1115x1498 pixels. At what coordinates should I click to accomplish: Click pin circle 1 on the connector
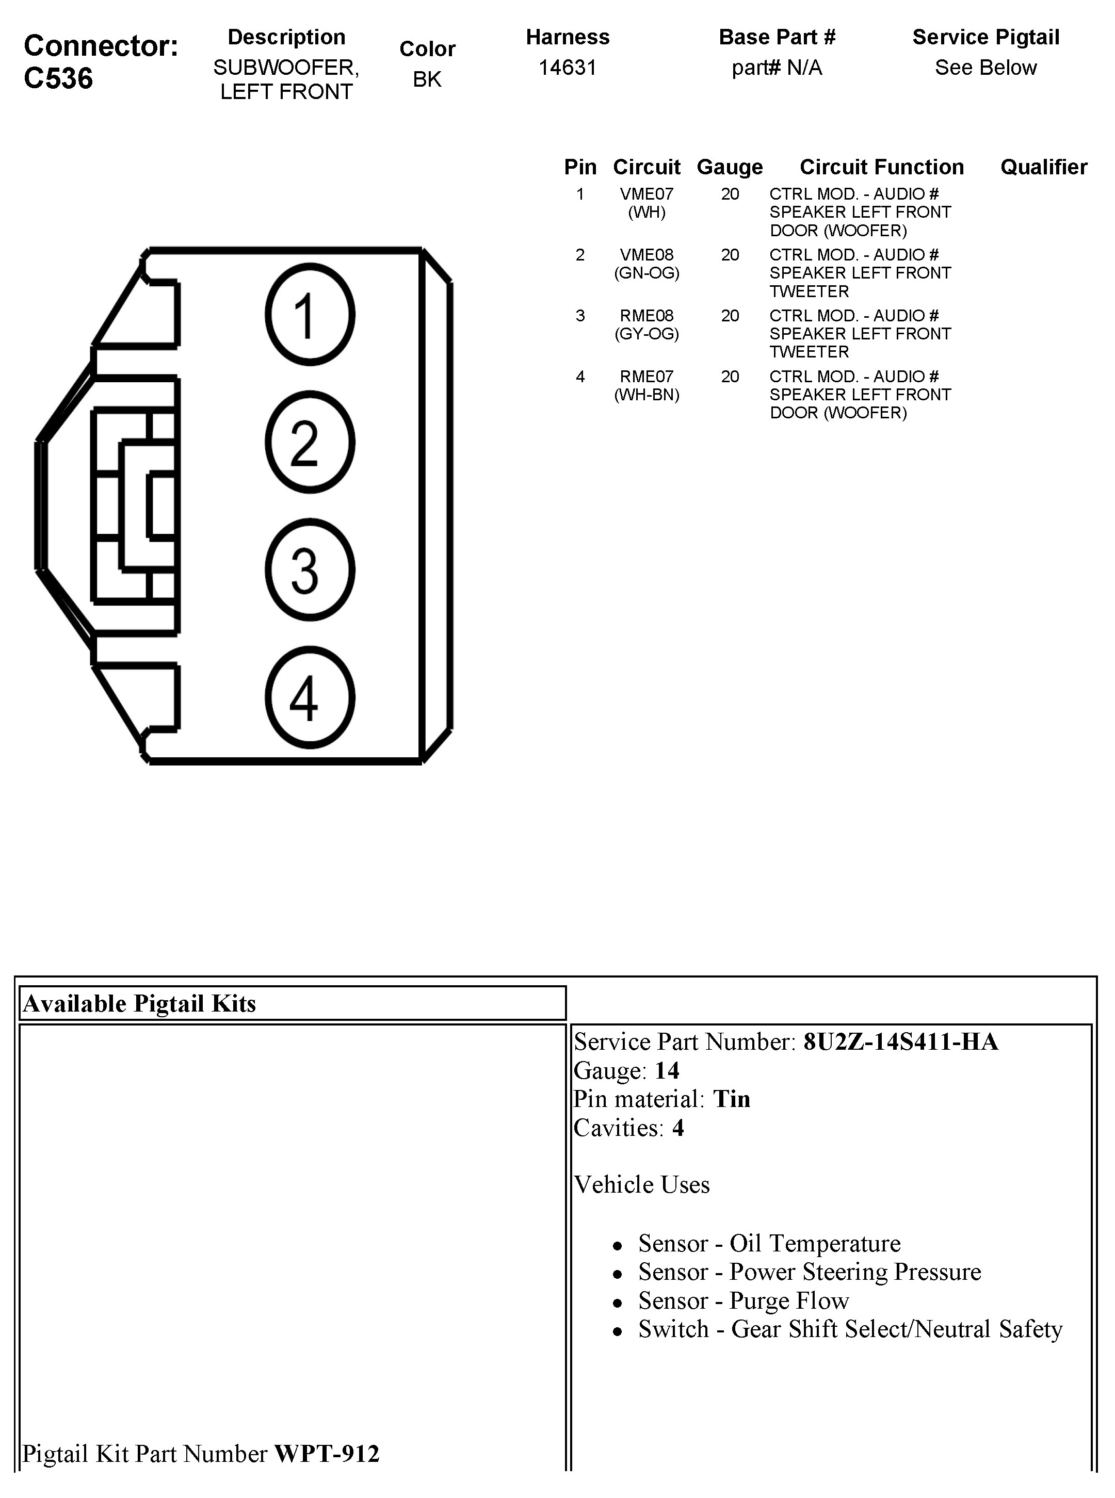pyautogui.click(x=310, y=315)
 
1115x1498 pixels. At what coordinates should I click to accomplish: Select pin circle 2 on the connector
pyautogui.click(x=310, y=443)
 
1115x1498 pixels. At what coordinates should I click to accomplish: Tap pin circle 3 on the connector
pyautogui.click(x=310, y=570)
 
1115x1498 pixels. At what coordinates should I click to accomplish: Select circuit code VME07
pyautogui.click(x=647, y=194)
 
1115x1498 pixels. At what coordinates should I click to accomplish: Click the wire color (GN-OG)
pyautogui.click(x=647, y=273)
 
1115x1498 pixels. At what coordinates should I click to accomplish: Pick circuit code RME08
pyautogui.click(x=647, y=316)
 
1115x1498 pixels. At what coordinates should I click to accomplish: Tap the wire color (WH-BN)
pyautogui.click(x=647, y=395)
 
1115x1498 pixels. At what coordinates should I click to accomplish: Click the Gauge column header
pyautogui.click(x=730, y=167)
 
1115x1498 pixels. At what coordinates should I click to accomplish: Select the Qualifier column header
pyautogui.click(x=1043, y=167)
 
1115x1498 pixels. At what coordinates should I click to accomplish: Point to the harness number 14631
pyautogui.click(x=568, y=68)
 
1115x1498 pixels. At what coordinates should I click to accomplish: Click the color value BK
pyautogui.click(x=427, y=79)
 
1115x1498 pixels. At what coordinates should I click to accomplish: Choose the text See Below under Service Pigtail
pyautogui.click(x=985, y=68)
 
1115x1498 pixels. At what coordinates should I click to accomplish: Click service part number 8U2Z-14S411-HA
pyautogui.click(x=900, y=1042)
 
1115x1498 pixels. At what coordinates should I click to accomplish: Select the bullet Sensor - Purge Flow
pyautogui.click(x=743, y=1300)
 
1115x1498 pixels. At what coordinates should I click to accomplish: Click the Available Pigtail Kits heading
pyautogui.click(x=140, y=1003)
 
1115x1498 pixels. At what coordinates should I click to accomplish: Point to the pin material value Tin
pyautogui.click(x=732, y=1099)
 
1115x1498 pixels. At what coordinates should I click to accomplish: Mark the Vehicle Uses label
pyautogui.click(x=642, y=1185)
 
